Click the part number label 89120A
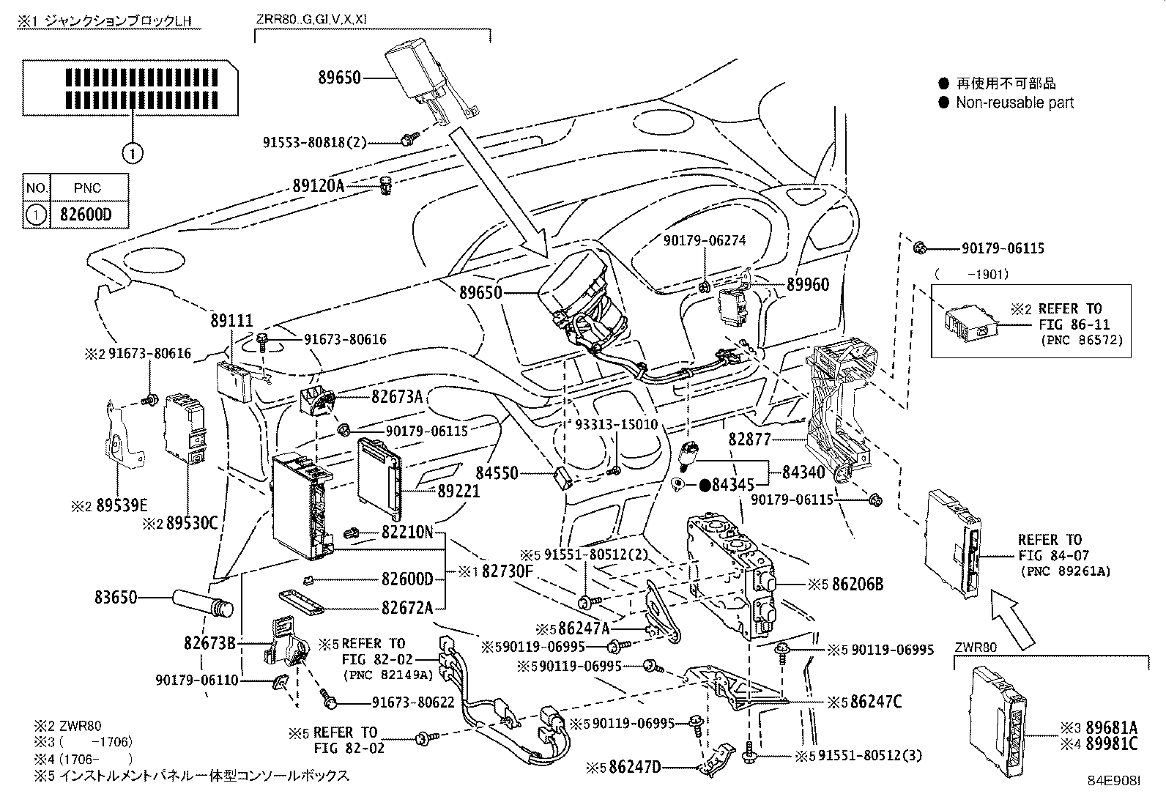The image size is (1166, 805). click(x=318, y=186)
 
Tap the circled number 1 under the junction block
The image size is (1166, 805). click(x=132, y=153)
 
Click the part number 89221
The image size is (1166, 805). click(x=458, y=491)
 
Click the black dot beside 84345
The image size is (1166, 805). click(x=705, y=484)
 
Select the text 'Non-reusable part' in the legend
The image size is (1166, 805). click(x=1014, y=103)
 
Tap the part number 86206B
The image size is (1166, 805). click(x=858, y=584)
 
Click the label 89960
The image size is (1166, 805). click(x=808, y=284)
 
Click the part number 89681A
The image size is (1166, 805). click(x=1111, y=727)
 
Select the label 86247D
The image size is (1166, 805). click(x=634, y=767)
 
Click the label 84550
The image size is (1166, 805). click(x=497, y=474)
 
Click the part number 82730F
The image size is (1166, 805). click(x=508, y=571)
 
